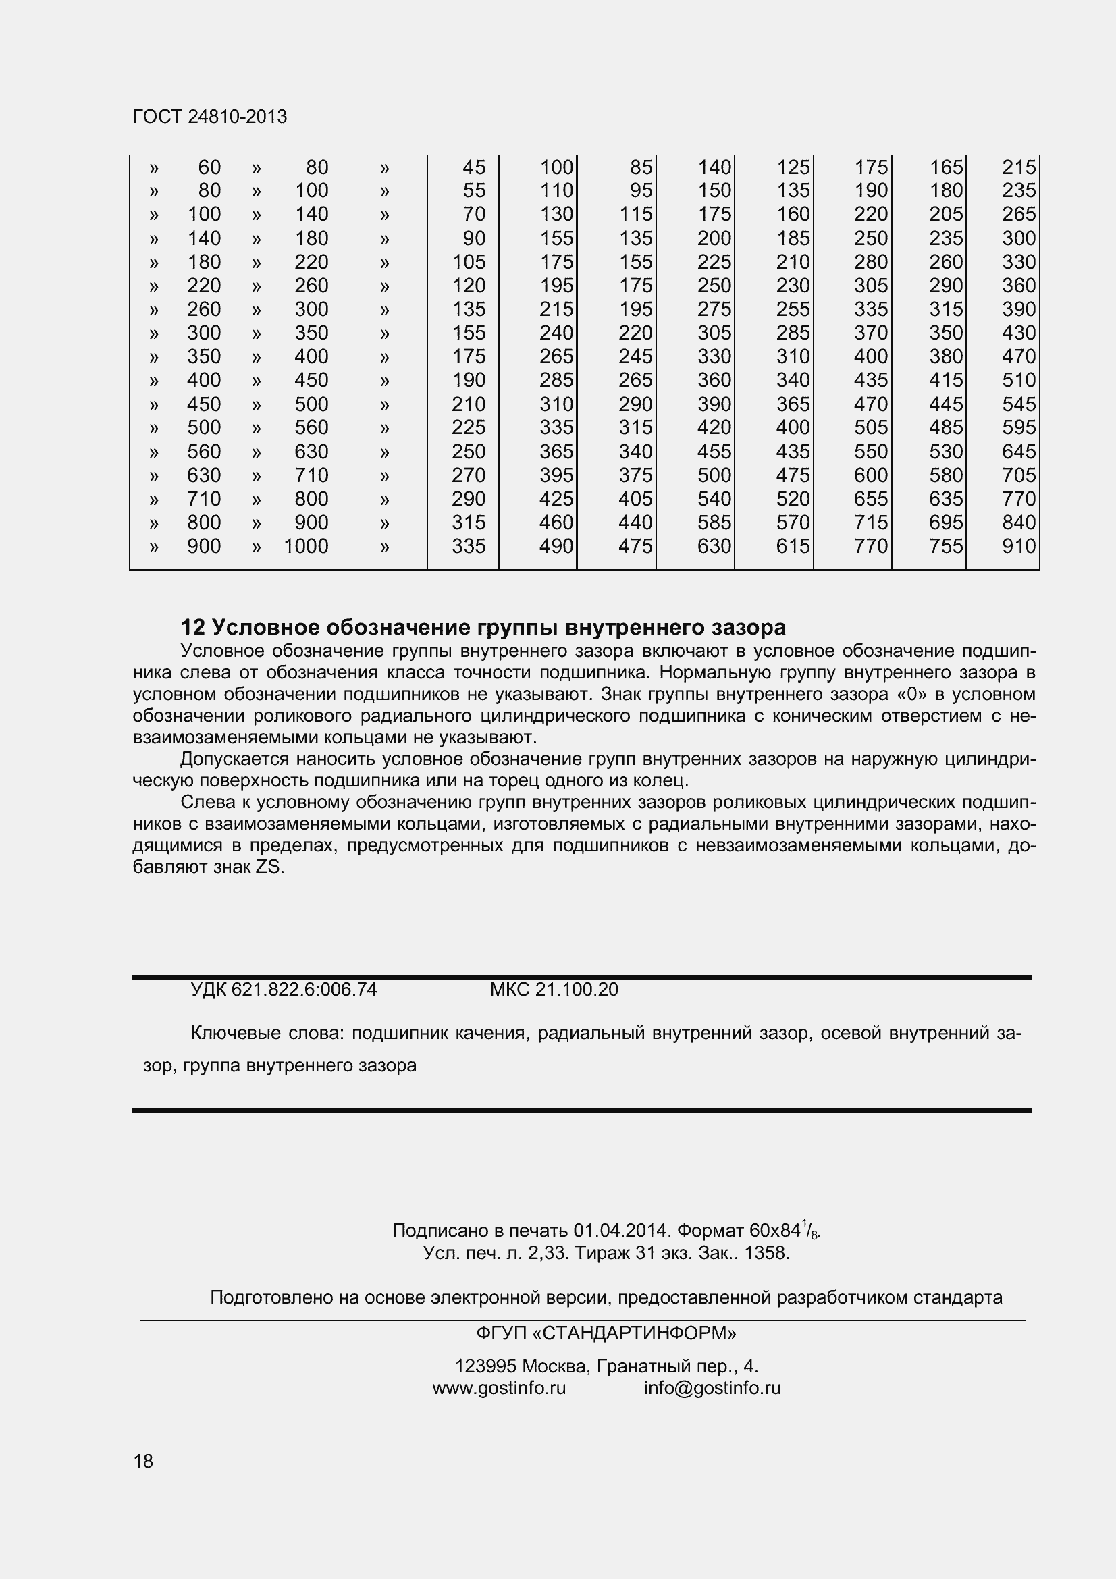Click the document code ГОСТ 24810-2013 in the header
[210, 117]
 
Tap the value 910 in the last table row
[1018, 546]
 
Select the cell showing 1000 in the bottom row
[306, 546]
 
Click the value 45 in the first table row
[474, 167]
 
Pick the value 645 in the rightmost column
[1018, 452]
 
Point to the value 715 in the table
[870, 523]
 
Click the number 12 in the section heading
[192, 627]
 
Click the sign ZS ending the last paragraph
[268, 867]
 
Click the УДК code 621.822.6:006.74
[304, 990]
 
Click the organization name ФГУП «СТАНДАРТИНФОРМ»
[606, 1333]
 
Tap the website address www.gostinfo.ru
[498, 1388]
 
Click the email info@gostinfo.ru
[712, 1388]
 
